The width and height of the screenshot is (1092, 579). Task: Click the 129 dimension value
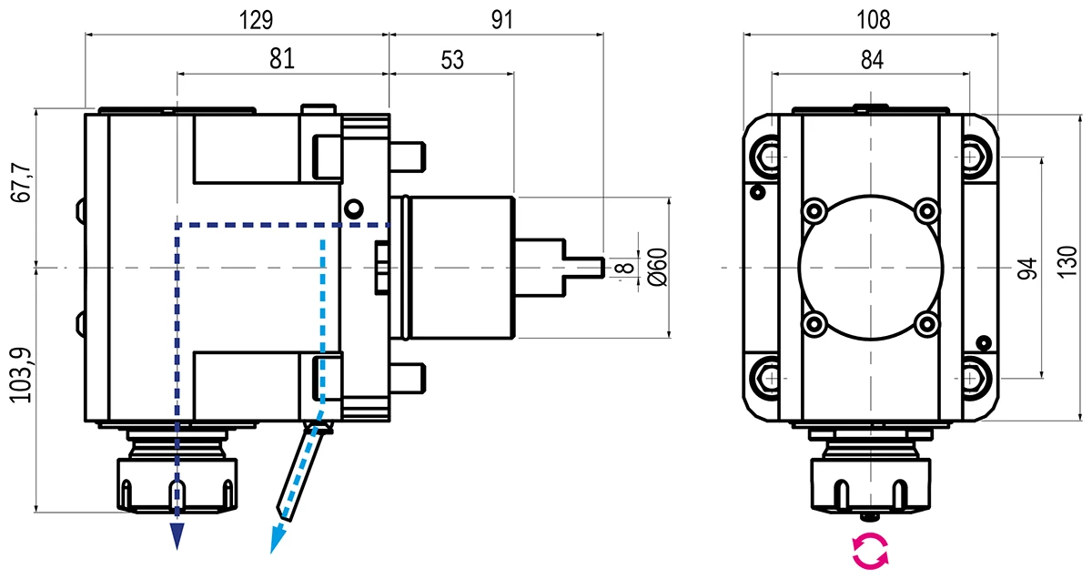click(256, 18)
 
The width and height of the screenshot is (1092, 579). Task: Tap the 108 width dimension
click(874, 18)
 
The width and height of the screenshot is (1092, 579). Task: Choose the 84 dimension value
click(873, 59)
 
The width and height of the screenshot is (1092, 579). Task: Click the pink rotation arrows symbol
click(869, 552)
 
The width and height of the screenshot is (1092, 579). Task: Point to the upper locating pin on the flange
click(409, 156)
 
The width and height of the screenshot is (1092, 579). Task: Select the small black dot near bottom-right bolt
click(983, 342)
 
